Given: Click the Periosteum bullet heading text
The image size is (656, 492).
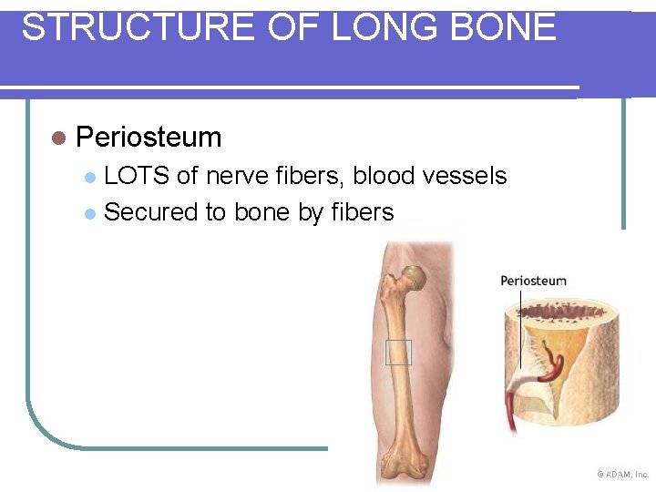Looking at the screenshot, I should pos(149,138).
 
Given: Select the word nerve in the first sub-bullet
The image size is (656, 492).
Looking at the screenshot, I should pos(239,176).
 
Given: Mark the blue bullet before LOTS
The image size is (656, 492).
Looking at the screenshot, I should pos(89,177).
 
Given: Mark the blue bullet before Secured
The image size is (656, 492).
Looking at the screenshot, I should pos(89,214).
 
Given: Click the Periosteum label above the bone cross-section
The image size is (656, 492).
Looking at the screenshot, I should pos(533,281).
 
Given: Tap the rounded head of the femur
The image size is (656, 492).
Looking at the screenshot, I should pos(415,275).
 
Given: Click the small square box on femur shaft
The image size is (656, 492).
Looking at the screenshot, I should pos(398,352).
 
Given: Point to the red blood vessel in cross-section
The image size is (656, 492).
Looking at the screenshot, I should pos(553,364).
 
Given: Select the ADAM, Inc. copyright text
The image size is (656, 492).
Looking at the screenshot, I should pos(623,475).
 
